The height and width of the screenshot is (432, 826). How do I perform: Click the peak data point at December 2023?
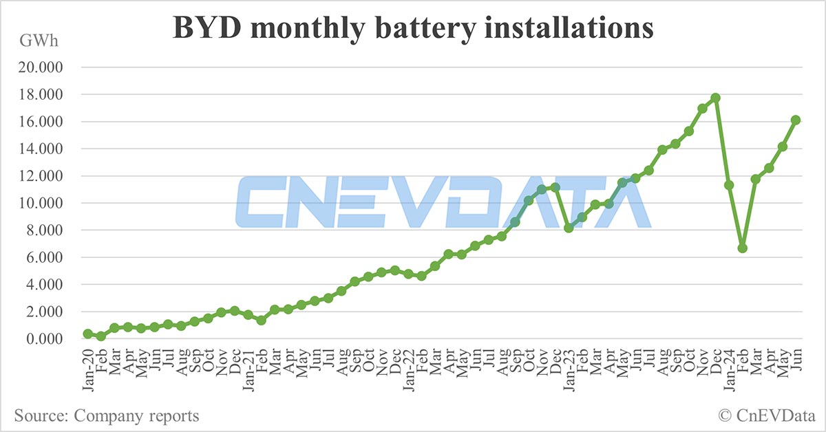[x=716, y=98]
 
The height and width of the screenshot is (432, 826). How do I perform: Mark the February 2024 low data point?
[x=743, y=248]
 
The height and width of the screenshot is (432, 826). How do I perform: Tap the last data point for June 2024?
[x=796, y=120]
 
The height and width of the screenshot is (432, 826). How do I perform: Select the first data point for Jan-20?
[x=88, y=334]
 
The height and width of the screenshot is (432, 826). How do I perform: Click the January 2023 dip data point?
[x=569, y=228]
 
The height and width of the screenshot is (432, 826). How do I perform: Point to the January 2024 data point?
[x=729, y=185]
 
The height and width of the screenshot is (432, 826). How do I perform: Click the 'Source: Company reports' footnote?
[x=107, y=415]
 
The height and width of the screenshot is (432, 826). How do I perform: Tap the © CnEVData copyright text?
[x=765, y=415]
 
